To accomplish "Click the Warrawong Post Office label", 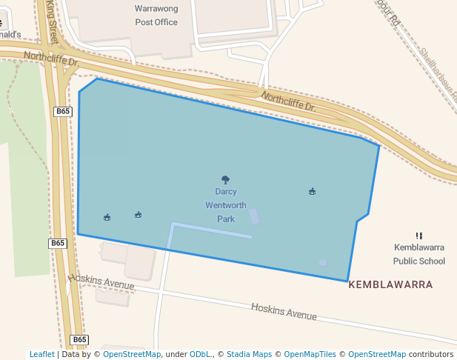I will [156, 16].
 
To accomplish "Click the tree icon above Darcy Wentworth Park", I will [226, 179].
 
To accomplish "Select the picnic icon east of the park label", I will [313, 191].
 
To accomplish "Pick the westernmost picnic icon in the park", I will [107, 217].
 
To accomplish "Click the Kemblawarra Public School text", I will [419, 253].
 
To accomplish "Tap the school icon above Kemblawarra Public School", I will [419, 235].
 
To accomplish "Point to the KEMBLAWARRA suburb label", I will [390, 284].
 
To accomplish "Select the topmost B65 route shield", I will [63, 111].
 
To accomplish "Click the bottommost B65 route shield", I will [80, 339].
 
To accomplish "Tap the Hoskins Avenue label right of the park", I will [284, 312].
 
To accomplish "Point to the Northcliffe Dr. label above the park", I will [288, 101].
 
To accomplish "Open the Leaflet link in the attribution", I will [41, 354].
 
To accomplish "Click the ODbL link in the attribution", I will [200, 354].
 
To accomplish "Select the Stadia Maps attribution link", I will [249, 354].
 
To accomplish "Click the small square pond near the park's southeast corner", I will [323, 262].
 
